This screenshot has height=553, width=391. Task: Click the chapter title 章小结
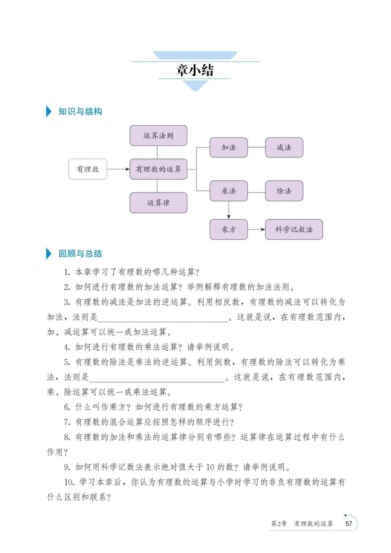click(x=194, y=70)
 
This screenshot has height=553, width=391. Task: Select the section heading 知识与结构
click(x=80, y=111)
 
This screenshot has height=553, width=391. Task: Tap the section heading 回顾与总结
click(x=80, y=254)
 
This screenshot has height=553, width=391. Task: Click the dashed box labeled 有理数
click(x=88, y=169)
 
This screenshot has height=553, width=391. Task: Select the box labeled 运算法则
click(x=158, y=135)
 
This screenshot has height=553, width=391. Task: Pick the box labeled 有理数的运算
click(x=158, y=169)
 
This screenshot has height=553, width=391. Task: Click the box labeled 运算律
click(x=158, y=203)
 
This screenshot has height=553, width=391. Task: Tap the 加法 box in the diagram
click(x=228, y=147)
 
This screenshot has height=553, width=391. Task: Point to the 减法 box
click(x=284, y=147)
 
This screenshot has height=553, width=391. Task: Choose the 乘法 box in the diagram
click(x=228, y=191)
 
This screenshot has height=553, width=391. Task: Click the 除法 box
click(x=284, y=191)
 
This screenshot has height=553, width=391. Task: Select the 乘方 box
click(x=228, y=229)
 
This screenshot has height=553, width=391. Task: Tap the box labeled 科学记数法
click(x=294, y=229)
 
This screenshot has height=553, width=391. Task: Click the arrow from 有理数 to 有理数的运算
click(x=118, y=169)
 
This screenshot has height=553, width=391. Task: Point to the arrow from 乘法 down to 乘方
click(x=229, y=210)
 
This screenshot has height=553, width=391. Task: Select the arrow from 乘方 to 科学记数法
click(x=256, y=229)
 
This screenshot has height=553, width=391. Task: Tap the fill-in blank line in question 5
click(x=157, y=382)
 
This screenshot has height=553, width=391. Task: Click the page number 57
click(x=349, y=524)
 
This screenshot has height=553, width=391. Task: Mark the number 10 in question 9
click(x=210, y=467)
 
